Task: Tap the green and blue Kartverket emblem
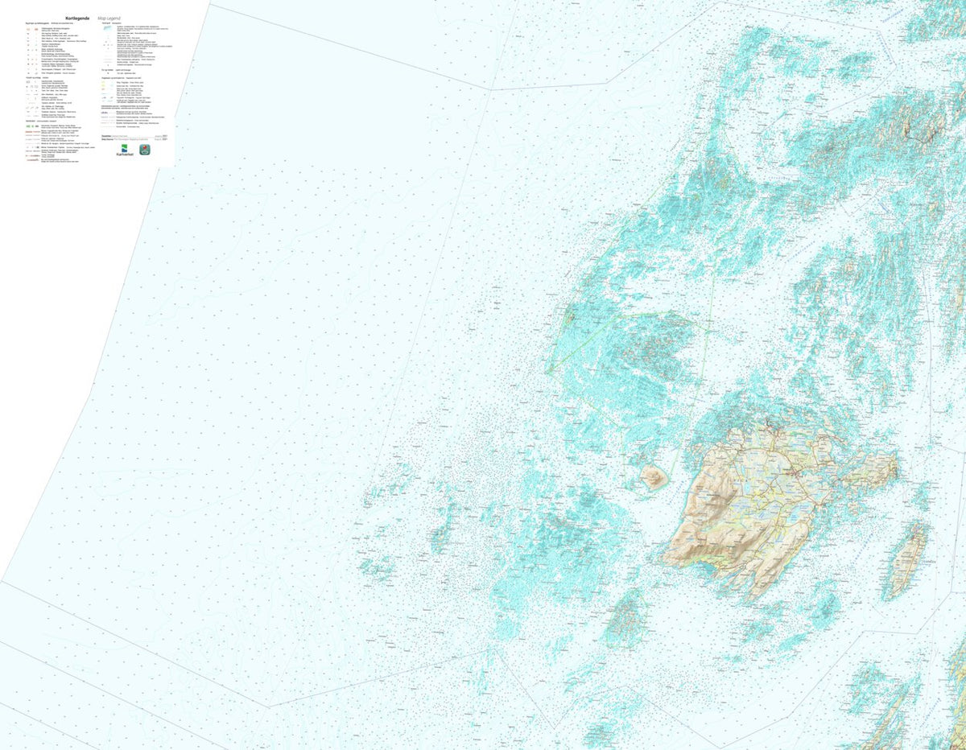[125, 148]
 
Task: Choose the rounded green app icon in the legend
[145, 150]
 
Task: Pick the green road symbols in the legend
[29, 126]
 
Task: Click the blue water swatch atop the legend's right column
[106, 28]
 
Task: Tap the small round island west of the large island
[654, 477]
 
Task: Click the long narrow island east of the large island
[908, 559]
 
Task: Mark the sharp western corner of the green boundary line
[547, 373]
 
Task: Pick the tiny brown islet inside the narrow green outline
[571, 319]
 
